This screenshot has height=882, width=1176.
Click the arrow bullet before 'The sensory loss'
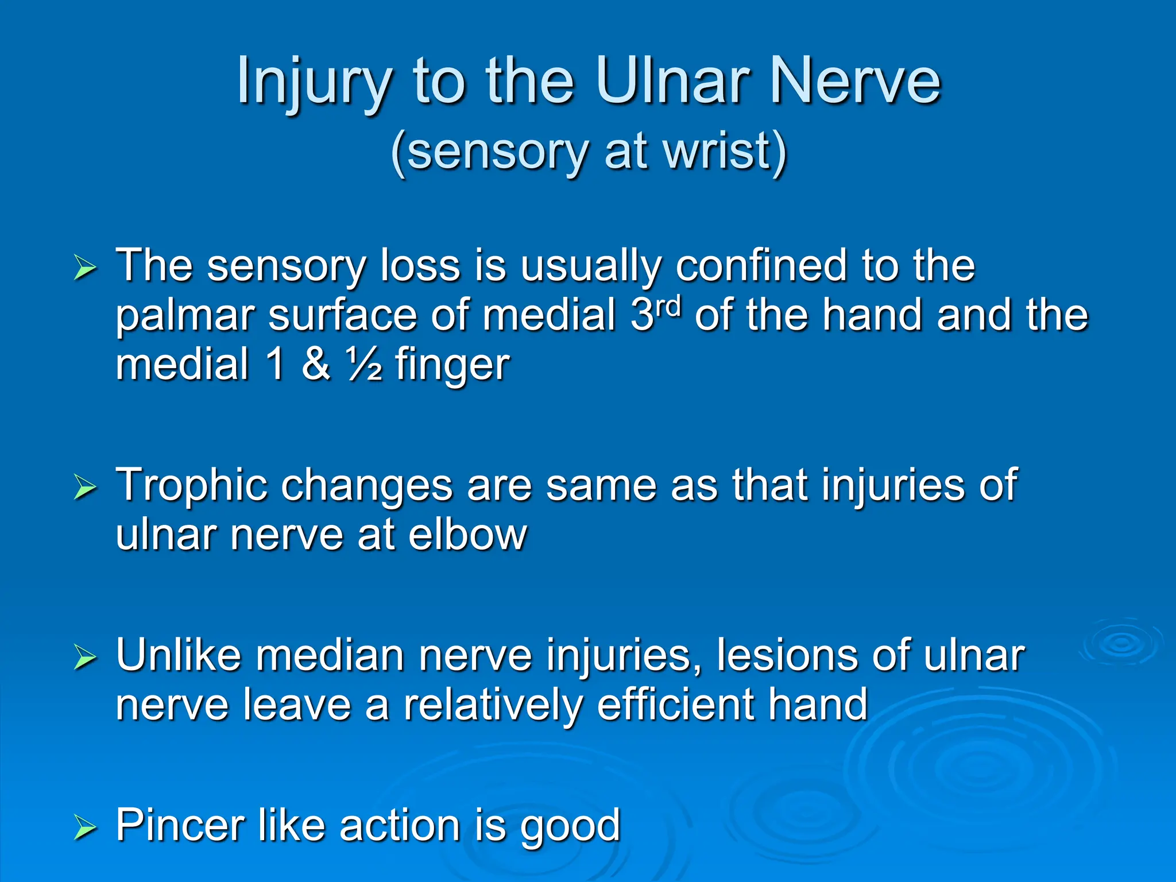coord(85,268)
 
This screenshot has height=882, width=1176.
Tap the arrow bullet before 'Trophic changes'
coord(85,488)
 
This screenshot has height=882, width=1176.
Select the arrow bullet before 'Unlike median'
coord(85,657)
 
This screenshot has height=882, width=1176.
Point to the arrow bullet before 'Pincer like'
coord(85,827)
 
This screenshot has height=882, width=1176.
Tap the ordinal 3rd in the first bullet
coord(655,313)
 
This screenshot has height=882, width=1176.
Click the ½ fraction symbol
coord(364,364)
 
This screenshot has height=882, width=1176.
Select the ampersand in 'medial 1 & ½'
coord(316,364)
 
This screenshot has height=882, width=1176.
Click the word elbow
coord(467,534)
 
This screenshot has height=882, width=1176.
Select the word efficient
coord(675,705)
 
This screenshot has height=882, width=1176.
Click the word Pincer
coord(180,825)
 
